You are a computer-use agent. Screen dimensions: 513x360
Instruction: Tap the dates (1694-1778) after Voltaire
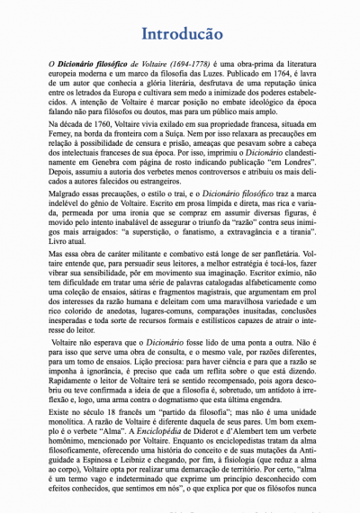tap(184, 67)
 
